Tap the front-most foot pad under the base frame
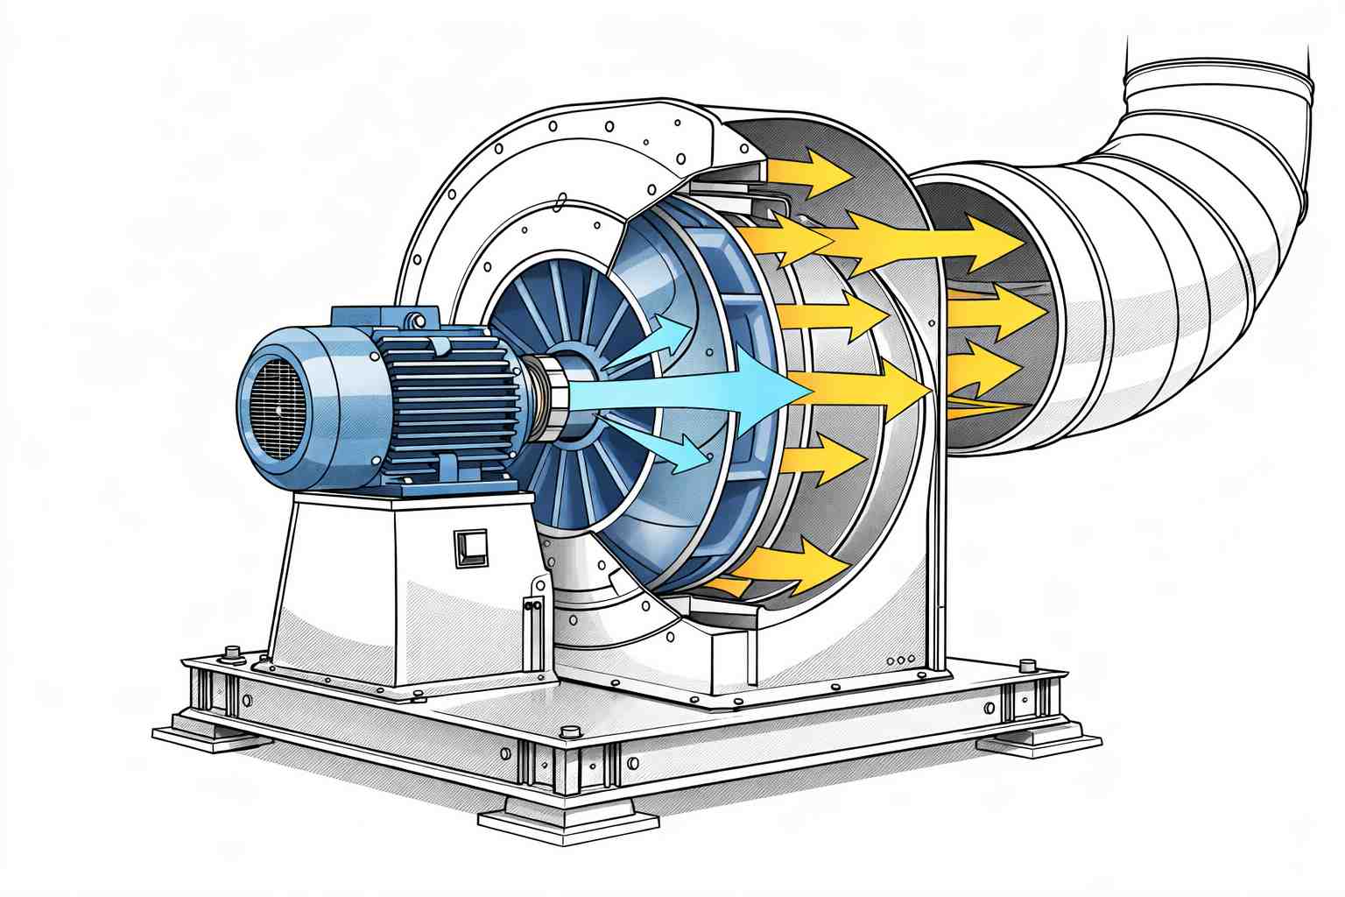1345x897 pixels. [x=567, y=820]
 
